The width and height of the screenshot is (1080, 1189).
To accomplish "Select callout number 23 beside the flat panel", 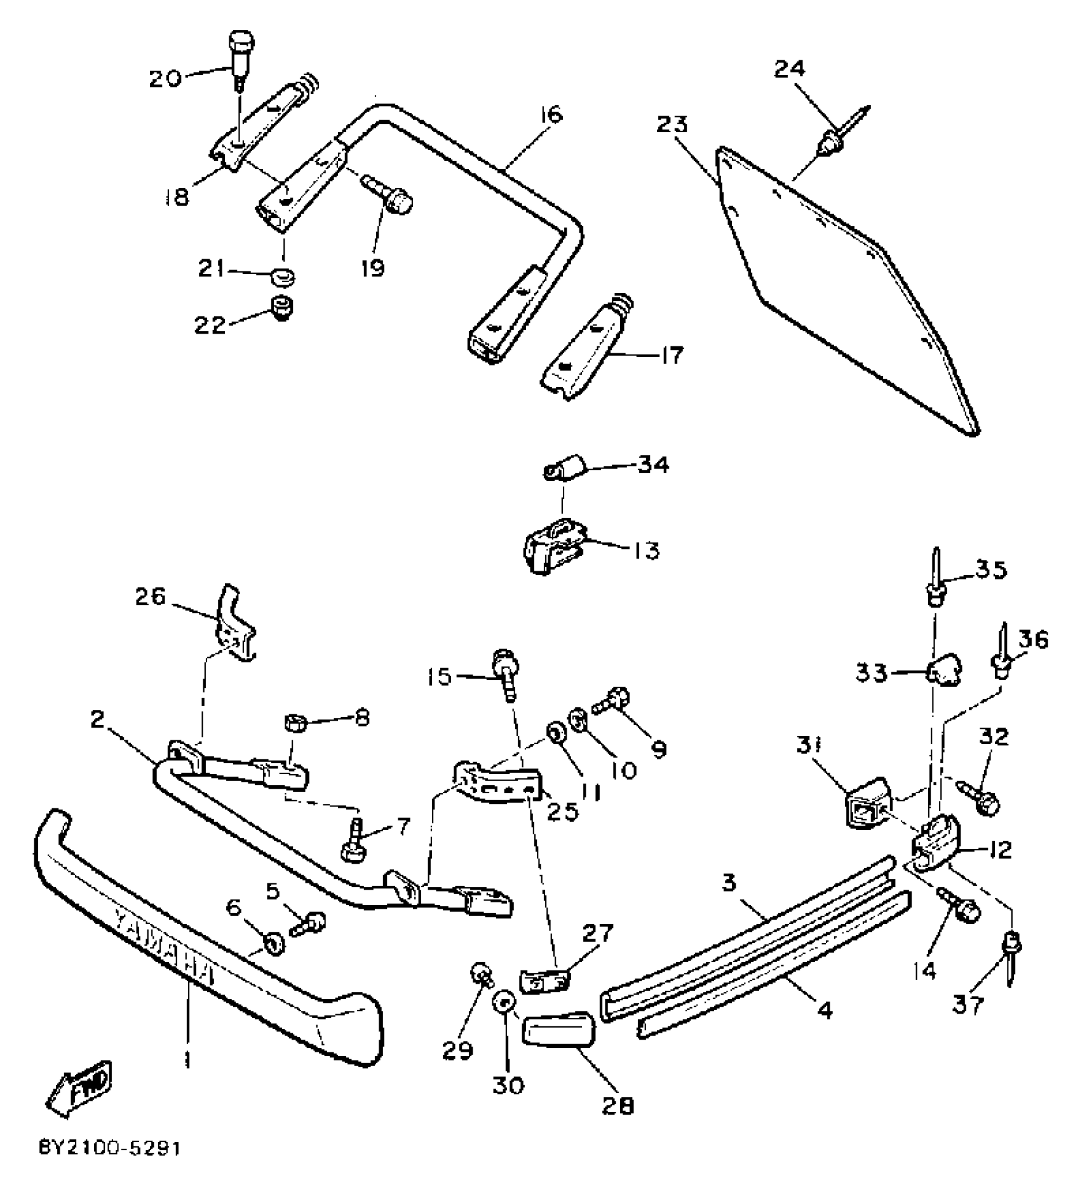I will (x=673, y=125).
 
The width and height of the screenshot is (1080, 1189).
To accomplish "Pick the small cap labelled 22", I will (x=280, y=308).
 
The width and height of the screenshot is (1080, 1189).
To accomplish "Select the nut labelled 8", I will (x=295, y=723).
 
